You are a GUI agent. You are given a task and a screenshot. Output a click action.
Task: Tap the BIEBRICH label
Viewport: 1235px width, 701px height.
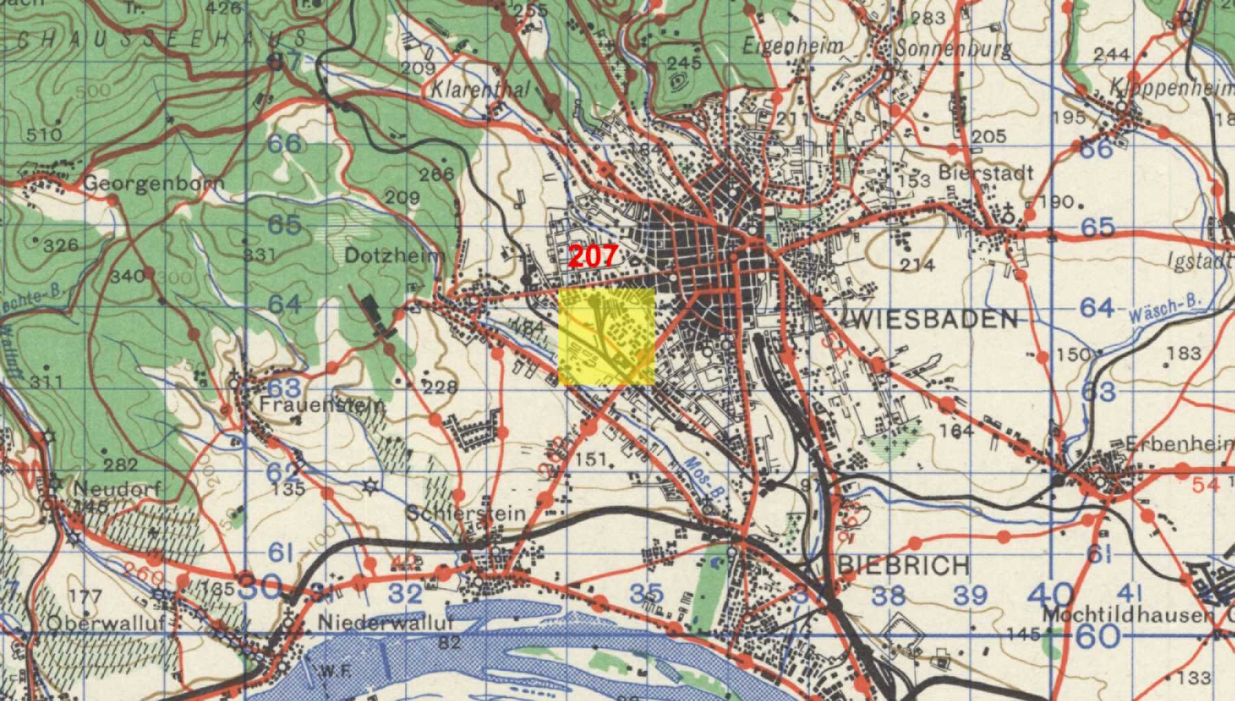point(903,566)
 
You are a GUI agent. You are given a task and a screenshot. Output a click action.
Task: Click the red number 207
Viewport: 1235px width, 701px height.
point(593,256)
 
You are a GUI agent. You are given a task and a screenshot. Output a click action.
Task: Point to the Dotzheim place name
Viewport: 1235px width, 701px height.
point(395,256)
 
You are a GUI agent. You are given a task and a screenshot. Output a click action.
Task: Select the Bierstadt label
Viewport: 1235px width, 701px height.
point(986,172)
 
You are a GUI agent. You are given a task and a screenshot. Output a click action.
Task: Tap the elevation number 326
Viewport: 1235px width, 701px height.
point(60,245)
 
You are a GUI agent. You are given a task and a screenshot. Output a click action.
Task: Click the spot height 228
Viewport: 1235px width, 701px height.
point(440,388)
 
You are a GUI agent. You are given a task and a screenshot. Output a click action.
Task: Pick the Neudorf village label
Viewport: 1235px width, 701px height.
point(118,489)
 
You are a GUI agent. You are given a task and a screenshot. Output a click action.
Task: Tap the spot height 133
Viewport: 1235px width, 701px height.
point(1194,678)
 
